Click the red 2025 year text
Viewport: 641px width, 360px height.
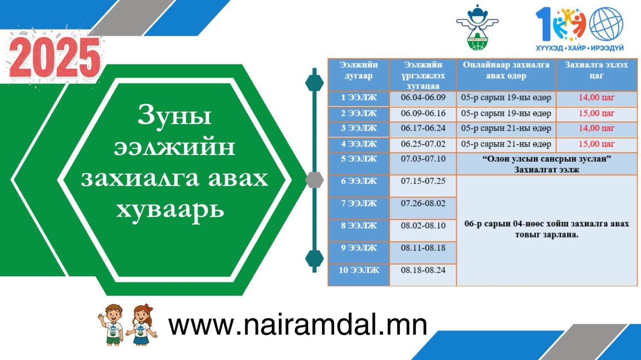(55, 57)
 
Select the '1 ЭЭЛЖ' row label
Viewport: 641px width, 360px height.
(359, 97)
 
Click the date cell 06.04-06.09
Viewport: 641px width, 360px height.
(423, 97)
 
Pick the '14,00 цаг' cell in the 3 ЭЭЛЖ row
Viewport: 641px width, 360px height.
(597, 128)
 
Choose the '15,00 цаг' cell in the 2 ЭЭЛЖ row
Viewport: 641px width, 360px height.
(597, 113)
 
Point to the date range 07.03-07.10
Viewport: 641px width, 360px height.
(423, 159)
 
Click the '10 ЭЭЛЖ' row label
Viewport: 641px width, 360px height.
(359, 270)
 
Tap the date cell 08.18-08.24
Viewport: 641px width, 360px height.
(423, 270)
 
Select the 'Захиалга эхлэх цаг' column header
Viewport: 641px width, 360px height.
(597, 70)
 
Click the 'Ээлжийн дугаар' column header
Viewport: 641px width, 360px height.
(359, 70)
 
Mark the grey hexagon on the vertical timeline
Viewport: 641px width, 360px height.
(315, 180)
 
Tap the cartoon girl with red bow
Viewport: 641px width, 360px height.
(141, 325)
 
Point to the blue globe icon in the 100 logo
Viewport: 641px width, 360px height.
(606, 24)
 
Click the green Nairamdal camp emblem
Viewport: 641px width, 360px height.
(477, 28)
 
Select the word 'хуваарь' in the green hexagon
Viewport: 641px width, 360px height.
(170, 211)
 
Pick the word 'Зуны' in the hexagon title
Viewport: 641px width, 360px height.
(174, 116)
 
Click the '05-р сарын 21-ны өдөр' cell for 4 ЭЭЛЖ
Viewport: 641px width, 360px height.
(506, 144)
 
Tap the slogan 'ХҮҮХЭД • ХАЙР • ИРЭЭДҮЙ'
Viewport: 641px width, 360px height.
(579, 48)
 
